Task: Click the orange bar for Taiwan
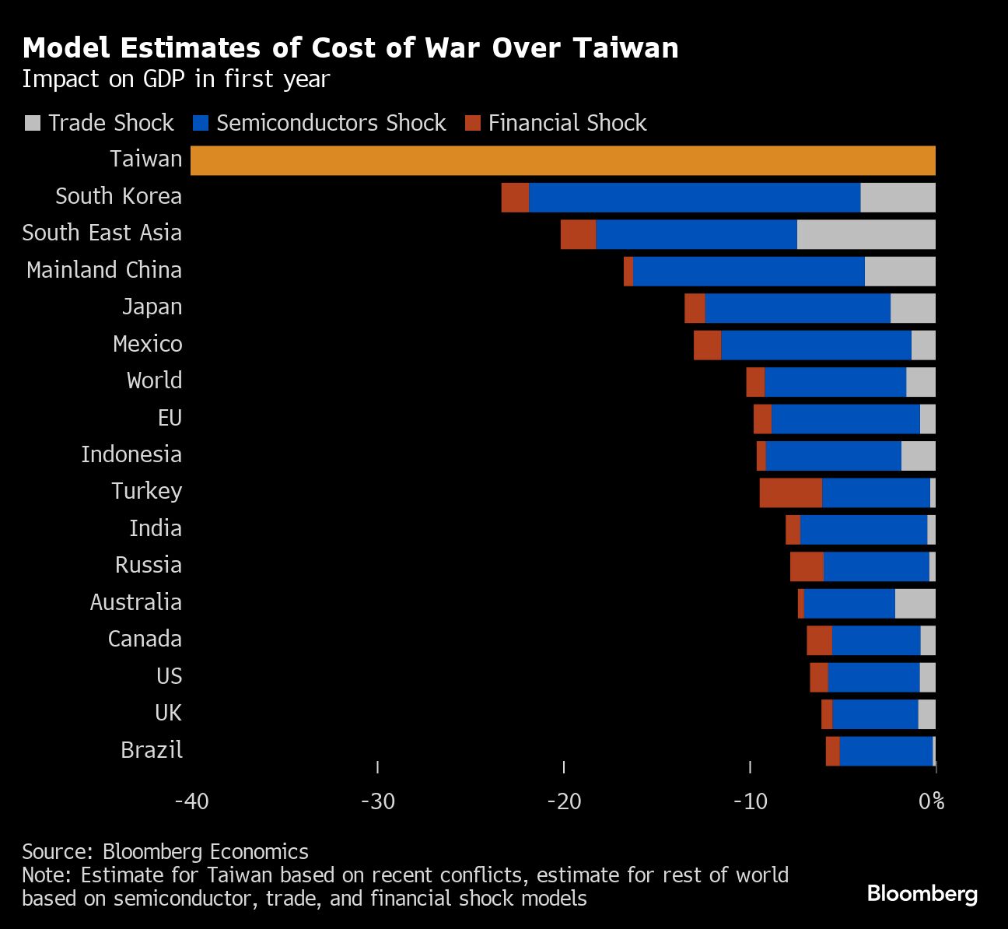(x=562, y=160)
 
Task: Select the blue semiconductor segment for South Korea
(x=695, y=198)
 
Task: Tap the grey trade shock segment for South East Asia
(x=866, y=234)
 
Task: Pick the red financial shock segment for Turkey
(x=790, y=493)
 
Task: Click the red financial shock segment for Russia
(x=807, y=566)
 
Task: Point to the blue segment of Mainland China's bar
(x=748, y=272)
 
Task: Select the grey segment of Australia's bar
(x=915, y=604)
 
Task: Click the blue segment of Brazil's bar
(x=886, y=752)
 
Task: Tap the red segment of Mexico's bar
(x=707, y=345)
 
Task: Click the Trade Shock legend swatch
(x=33, y=123)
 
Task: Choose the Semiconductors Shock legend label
(x=331, y=123)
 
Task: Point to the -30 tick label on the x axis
(x=378, y=801)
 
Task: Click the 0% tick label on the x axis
(x=931, y=801)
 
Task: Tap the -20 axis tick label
(x=564, y=801)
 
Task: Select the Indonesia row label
(x=131, y=454)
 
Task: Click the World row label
(x=154, y=380)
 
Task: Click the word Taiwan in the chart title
(x=626, y=48)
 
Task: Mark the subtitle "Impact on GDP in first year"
(x=176, y=79)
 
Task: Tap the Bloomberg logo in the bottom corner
(x=922, y=893)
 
